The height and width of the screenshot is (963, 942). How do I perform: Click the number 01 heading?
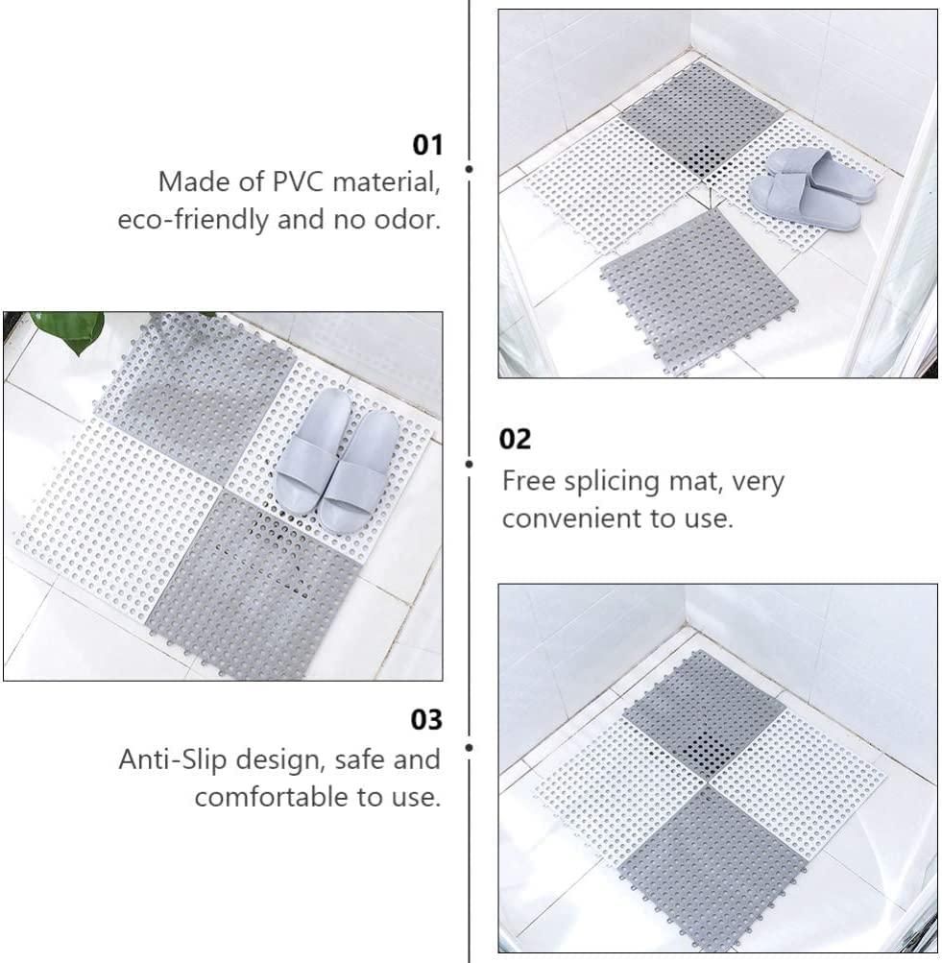coord(427,146)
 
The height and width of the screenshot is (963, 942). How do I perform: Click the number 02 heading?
coord(515,440)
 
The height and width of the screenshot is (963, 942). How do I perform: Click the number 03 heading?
coord(427,720)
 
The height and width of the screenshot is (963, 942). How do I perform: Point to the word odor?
coord(409,220)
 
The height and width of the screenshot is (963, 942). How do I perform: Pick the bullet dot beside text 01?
coord(469,169)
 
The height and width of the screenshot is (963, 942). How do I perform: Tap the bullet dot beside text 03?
coord(469,745)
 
